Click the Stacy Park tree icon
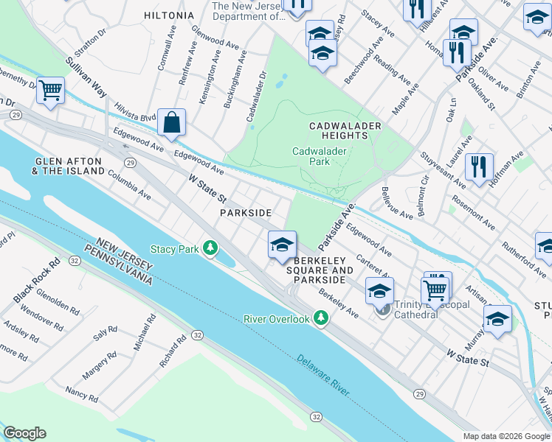211,249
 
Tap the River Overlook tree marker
320,318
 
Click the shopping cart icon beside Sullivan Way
50,91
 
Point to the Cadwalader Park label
319,155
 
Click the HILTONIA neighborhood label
169,15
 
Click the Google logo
24,432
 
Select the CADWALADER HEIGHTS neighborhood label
345,130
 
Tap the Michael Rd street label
144,334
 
